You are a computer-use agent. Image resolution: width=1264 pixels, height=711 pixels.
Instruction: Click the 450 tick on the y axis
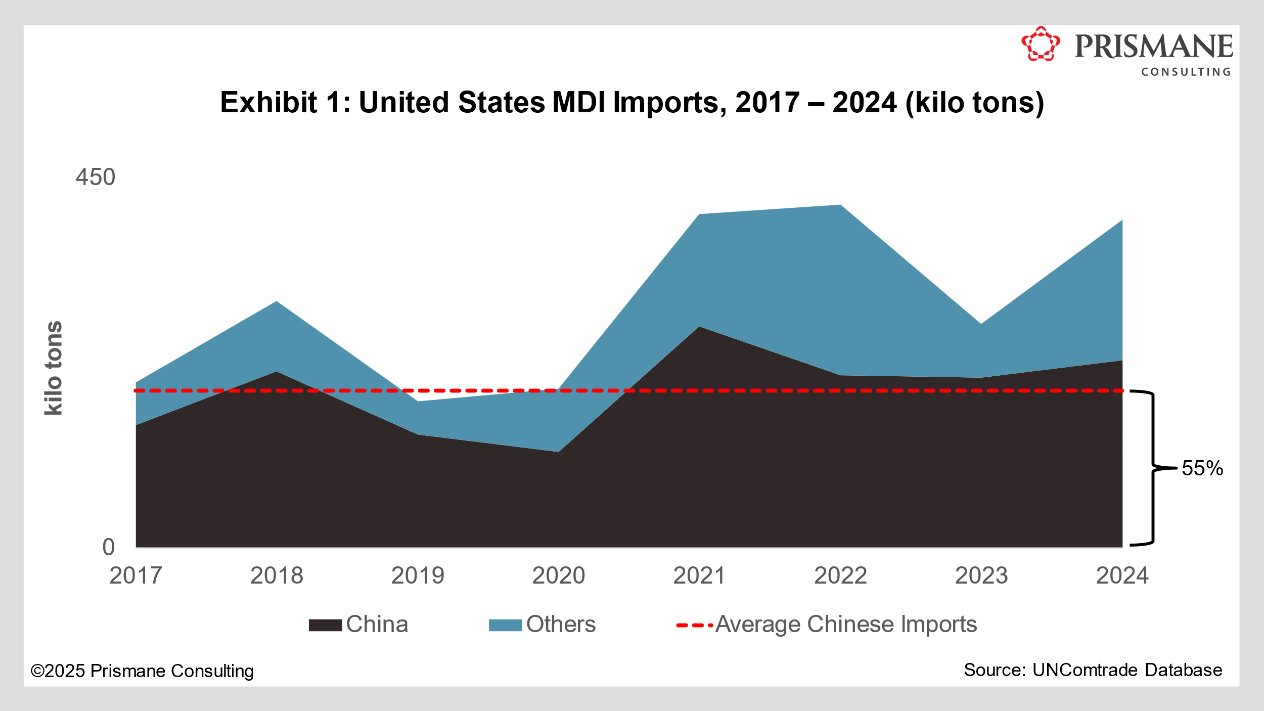pos(96,177)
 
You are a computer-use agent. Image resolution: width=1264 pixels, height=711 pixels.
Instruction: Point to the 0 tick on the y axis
pos(109,548)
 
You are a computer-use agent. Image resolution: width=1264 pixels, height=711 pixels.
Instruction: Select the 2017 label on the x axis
pos(136,576)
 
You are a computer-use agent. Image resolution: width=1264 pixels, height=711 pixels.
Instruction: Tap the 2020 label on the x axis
pos(558,576)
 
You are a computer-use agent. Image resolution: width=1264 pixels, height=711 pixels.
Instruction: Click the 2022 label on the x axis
pos(840,576)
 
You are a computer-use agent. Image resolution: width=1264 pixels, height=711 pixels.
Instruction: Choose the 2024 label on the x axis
pos(1122,576)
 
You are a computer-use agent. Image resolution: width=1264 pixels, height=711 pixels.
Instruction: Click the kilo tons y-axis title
pos(54,368)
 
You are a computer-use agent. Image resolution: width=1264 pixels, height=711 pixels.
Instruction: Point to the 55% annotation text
pos(1202,468)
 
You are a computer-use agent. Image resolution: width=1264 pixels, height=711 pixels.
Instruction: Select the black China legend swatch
pos(325,625)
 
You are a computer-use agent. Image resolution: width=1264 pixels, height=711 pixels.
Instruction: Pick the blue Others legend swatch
pos(505,625)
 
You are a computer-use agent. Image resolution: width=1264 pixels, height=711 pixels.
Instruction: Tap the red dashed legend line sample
pos(694,626)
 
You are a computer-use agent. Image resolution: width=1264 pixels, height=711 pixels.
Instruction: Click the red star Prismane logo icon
pos(1040,45)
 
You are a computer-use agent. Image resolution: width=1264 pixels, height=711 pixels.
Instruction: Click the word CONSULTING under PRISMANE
pos(1186,72)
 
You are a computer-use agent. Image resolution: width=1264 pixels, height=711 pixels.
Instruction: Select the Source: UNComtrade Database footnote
pos(1093,670)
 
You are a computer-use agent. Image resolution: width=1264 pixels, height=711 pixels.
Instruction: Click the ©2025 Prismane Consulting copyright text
pos(142,671)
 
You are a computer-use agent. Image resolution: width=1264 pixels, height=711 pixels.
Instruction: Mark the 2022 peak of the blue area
pos(840,205)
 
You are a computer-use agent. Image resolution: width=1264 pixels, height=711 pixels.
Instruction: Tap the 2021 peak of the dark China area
pos(699,327)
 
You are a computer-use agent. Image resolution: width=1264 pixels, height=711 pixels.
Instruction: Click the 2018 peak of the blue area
pos(277,302)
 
